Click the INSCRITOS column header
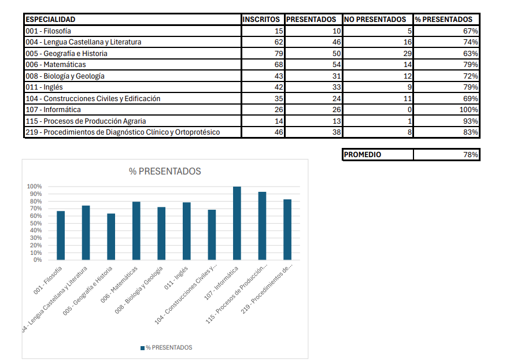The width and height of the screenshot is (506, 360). (x=261, y=19)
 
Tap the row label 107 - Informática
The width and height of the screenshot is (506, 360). (x=54, y=110)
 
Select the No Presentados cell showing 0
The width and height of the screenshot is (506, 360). (x=409, y=110)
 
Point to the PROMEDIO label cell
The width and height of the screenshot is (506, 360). (x=363, y=154)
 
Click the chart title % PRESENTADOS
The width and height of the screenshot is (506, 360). (x=165, y=171)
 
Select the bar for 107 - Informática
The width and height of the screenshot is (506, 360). (x=237, y=223)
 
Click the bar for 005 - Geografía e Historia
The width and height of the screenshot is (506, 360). (x=111, y=236)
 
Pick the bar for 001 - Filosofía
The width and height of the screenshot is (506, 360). (x=61, y=235)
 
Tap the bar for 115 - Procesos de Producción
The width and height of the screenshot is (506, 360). (x=262, y=225)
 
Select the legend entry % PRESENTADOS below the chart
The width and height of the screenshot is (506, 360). (x=166, y=347)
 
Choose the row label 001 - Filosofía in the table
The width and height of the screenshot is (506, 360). (x=49, y=31)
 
